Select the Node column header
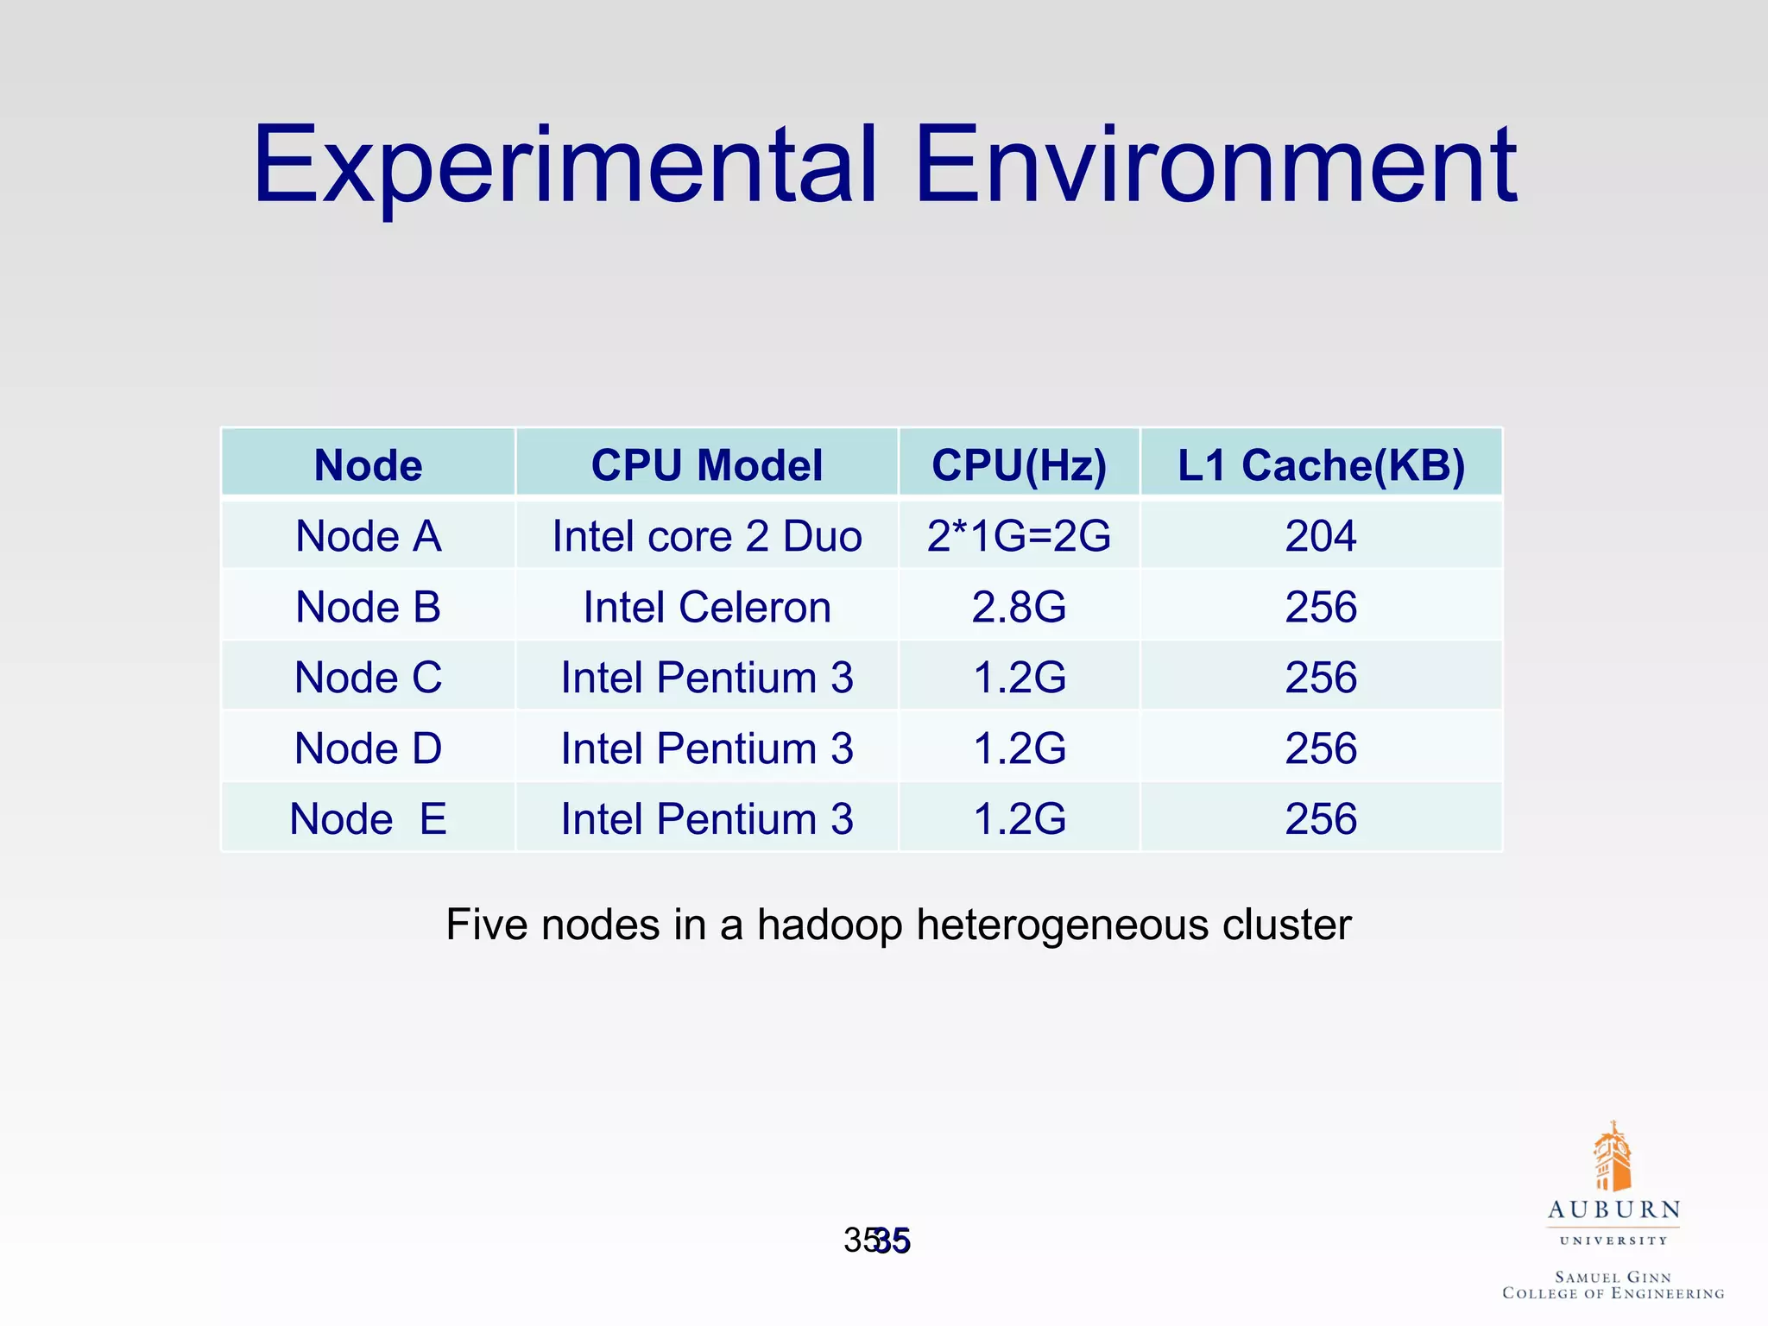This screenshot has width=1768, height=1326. pos(369,465)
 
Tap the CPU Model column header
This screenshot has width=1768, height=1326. pos(707,465)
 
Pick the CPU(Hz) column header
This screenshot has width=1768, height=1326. pos(1019,465)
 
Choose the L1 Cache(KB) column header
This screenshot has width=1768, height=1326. pos(1321,465)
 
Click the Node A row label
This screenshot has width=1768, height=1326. pos(369,536)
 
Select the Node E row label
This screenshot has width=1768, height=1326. pos(369,818)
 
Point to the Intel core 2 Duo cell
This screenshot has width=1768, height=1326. pos(707,536)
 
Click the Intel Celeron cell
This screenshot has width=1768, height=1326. pos(707,607)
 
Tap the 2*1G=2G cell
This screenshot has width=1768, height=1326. pos(1019,536)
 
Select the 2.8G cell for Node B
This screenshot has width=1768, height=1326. pos(1019,607)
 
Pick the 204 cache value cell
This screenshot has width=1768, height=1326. pos(1321,536)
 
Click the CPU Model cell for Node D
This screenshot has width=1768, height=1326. pos(707,748)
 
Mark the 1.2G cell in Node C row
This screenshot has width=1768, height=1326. pos(1019,678)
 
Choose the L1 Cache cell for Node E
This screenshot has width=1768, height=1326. pos(1321,818)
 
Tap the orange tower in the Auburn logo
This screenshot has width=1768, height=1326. pos(1612,1157)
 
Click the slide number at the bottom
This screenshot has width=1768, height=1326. pos(878,1241)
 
